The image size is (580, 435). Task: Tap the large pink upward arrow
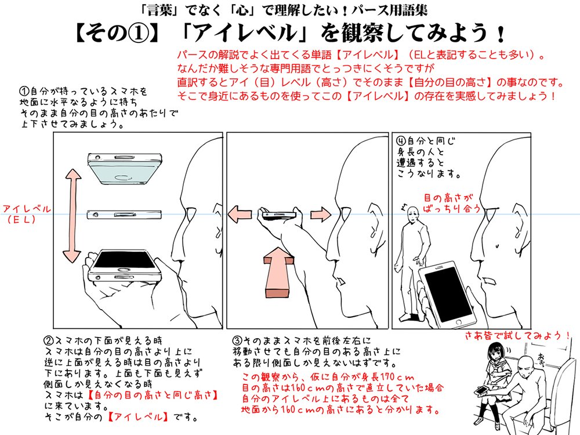(x=280, y=271)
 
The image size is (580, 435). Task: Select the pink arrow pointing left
(x=240, y=214)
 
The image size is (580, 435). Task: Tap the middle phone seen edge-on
(x=124, y=215)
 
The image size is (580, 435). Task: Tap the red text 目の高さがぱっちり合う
(x=451, y=202)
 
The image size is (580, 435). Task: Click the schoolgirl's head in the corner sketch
(x=495, y=352)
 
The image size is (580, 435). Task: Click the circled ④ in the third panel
(x=401, y=141)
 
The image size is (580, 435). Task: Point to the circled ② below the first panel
(x=49, y=340)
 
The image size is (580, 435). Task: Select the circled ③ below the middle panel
(x=237, y=340)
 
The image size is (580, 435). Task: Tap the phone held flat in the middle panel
(x=278, y=214)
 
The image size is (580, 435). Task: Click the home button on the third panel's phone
(x=459, y=322)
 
